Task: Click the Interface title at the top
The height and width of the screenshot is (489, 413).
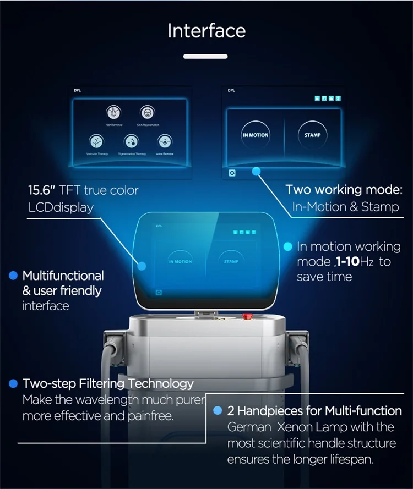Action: click(206, 31)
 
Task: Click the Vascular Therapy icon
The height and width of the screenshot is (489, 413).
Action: click(95, 141)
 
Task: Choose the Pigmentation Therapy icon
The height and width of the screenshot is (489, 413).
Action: click(131, 141)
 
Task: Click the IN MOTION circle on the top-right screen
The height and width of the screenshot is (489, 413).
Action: click(256, 135)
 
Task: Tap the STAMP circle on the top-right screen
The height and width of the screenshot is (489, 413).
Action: click(312, 135)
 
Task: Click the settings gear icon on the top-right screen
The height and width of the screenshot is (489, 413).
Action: click(232, 173)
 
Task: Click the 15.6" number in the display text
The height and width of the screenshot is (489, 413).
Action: click(41, 191)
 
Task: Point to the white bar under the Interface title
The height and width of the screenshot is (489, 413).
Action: click(205, 56)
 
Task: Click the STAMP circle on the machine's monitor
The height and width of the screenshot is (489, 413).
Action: click(231, 262)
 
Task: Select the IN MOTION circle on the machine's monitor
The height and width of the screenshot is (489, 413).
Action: click(181, 261)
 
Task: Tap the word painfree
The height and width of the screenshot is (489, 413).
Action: click(150, 416)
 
